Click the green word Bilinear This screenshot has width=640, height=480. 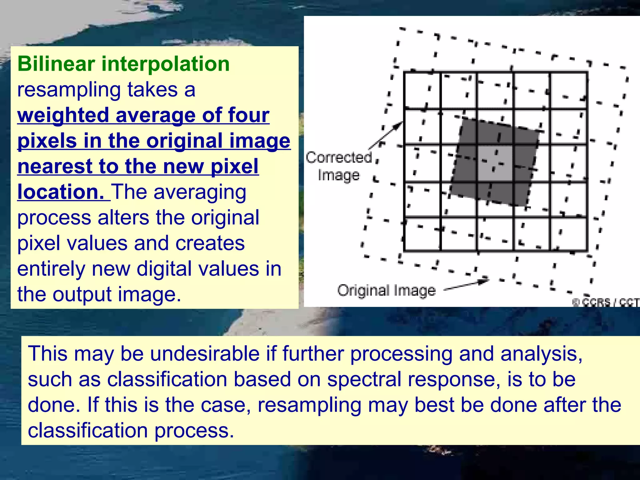point(56,64)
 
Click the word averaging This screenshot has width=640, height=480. point(200,192)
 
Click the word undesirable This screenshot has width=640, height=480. point(205,354)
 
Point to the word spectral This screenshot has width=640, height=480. point(364,379)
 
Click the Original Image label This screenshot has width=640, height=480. point(386,291)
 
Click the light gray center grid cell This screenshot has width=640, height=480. point(495,163)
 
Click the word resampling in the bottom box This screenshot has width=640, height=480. point(309,405)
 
